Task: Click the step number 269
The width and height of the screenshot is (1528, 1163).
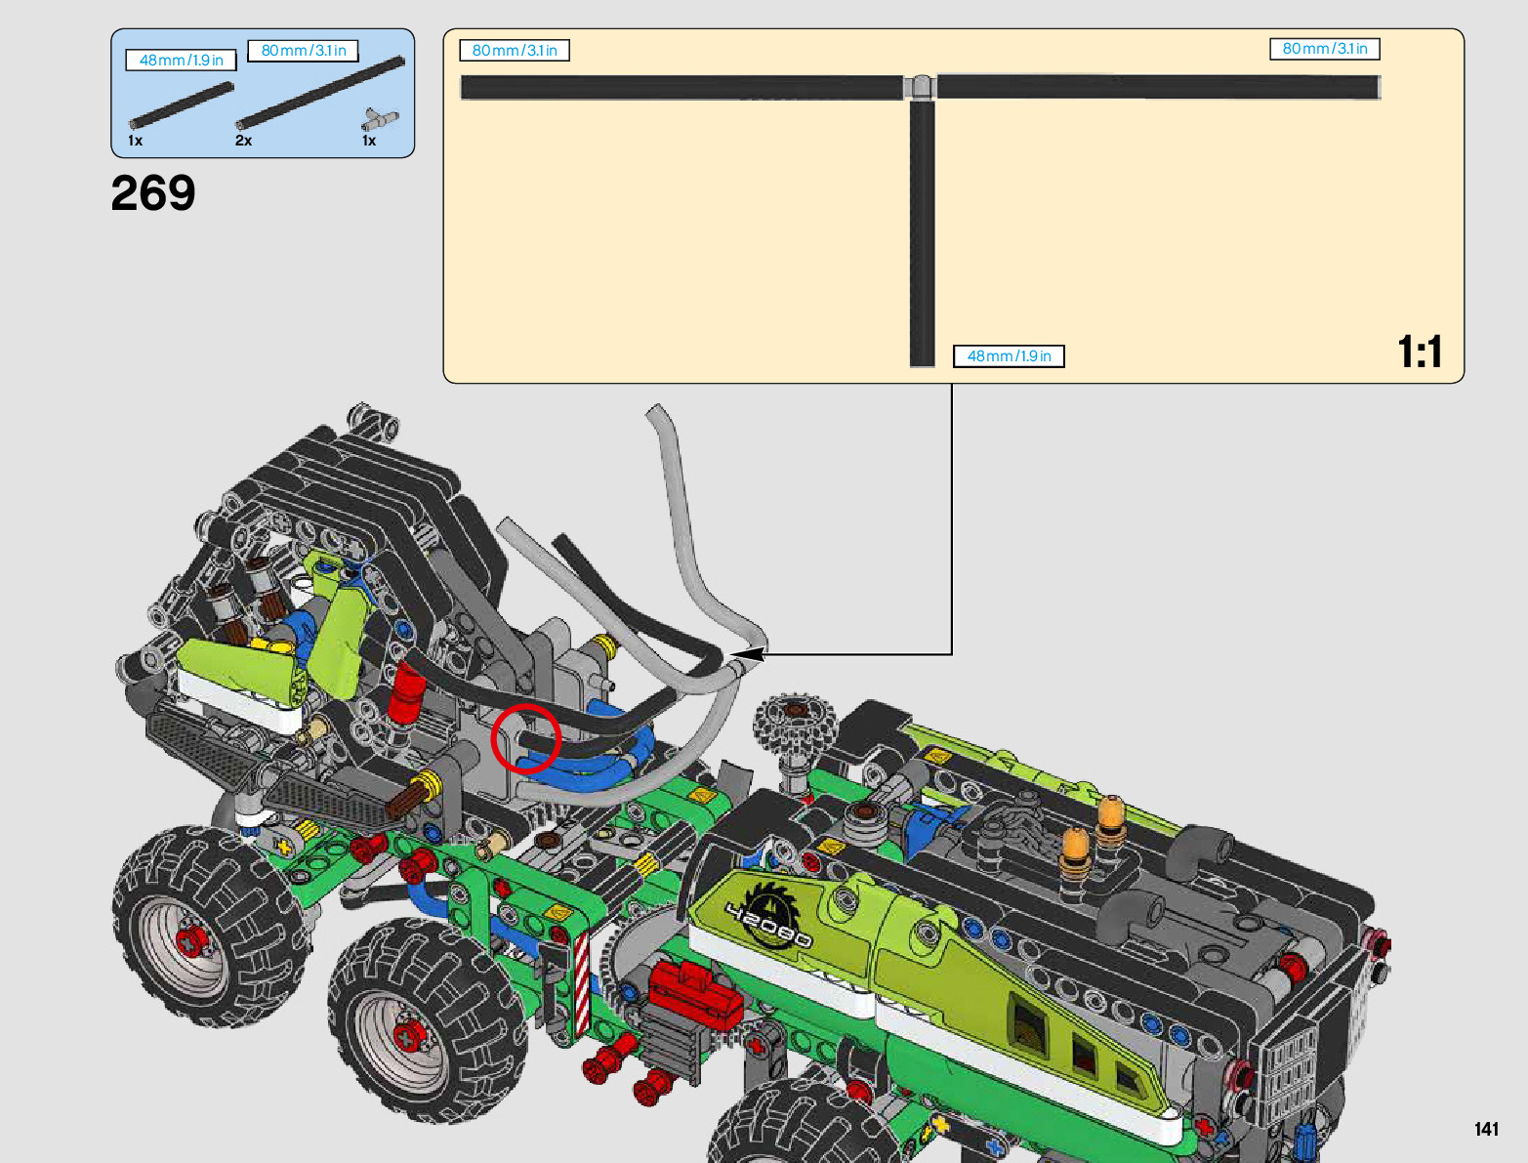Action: (x=153, y=192)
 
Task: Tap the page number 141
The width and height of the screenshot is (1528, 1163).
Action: (x=1486, y=1128)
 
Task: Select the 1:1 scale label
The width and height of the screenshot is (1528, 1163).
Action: (x=1420, y=353)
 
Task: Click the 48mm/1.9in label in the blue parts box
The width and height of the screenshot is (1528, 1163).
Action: (x=181, y=61)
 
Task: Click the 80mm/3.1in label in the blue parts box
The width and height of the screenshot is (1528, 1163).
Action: (x=304, y=51)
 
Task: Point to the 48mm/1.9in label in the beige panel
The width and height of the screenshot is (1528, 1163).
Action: (x=1009, y=356)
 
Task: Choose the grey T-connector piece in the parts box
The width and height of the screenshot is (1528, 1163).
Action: (x=380, y=120)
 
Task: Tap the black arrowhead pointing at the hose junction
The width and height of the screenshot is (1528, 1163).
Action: (x=748, y=654)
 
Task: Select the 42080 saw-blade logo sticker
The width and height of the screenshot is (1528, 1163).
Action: (x=768, y=916)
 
